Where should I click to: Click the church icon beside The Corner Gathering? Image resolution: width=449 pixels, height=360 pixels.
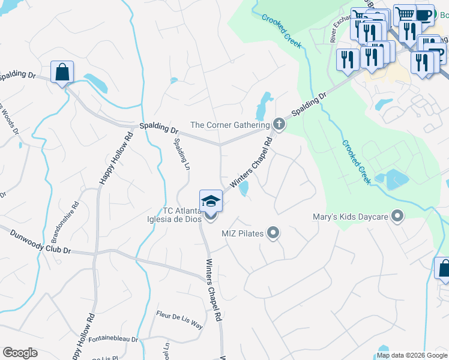pyautogui.click(x=279, y=125)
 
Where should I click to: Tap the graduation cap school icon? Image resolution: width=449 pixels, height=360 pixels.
pyautogui.click(x=211, y=200)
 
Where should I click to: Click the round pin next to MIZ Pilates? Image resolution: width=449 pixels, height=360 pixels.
pyautogui.click(x=273, y=232)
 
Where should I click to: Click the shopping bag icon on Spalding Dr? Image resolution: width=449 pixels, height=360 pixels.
pyautogui.click(x=62, y=73)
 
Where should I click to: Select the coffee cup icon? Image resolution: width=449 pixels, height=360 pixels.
pyautogui.click(x=425, y=14)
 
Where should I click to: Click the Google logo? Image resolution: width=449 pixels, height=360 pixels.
pyautogui.click(x=20, y=353)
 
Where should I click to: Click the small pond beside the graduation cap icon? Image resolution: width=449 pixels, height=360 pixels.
pyautogui.click(x=244, y=190)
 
